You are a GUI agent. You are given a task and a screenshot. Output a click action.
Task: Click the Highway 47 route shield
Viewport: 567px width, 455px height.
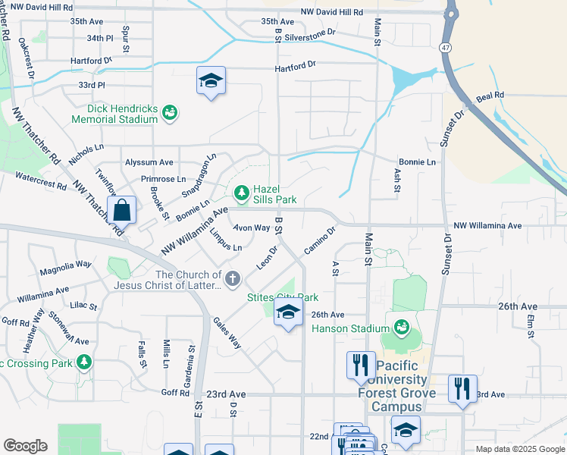tap(445, 47)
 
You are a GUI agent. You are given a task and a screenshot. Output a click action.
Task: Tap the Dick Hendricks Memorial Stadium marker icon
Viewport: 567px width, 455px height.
tap(170, 113)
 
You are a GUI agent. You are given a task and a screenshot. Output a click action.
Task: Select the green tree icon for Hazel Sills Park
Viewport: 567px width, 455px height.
tap(242, 194)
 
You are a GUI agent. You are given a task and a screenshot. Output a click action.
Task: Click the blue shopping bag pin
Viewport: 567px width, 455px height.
tap(121, 212)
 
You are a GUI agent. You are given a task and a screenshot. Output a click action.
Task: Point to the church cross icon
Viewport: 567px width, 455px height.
tap(232, 279)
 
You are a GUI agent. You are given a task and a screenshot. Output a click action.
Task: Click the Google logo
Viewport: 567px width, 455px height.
tap(25, 445)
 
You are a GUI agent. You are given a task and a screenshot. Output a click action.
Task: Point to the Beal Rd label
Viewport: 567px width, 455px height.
tap(489, 97)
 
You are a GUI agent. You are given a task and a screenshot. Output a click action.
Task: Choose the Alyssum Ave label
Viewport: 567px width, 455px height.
tap(149, 162)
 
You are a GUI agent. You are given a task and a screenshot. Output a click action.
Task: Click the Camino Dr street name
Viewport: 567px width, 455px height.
tap(319, 241)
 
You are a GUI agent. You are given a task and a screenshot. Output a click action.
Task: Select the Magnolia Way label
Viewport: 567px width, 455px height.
tap(66, 265)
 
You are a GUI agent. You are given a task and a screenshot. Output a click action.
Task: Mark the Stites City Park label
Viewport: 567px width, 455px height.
tap(283, 297)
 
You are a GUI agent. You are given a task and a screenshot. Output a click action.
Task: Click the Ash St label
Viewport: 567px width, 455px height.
tap(397, 180)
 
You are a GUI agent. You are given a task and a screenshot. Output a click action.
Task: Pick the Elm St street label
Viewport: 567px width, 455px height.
tap(531, 324)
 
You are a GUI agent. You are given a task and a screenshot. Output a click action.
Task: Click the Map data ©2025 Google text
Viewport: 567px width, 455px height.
tap(519, 449)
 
